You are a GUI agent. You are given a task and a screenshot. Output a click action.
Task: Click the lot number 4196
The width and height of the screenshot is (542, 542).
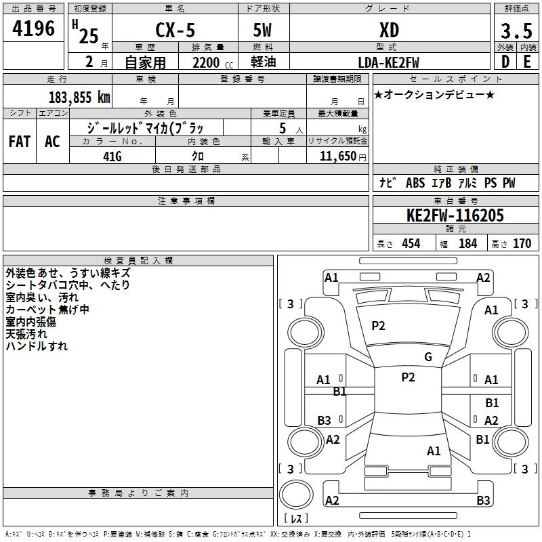[x=33, y=29]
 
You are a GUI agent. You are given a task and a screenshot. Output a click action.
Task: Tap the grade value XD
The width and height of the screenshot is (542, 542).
[x=389, y=30]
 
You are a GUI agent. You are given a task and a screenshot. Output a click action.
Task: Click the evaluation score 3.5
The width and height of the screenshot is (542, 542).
[x=515, y=30]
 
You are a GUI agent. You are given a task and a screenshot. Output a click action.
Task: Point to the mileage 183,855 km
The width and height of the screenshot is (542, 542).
[x=79, y=97]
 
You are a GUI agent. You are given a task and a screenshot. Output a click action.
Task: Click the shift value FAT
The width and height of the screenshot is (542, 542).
[x=20, y=142]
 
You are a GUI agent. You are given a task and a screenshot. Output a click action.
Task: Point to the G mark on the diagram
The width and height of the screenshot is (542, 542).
[x=428, y=357]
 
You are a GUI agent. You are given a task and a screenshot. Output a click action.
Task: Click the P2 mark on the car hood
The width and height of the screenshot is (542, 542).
[x=378, y=326]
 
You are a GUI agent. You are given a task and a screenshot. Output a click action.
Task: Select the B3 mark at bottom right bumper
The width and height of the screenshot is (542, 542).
[x=483, y=501]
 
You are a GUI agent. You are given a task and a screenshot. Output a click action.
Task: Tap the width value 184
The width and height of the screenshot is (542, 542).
[x=468, y=244]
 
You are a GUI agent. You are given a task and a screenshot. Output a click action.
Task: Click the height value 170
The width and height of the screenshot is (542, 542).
[x=522, y=244]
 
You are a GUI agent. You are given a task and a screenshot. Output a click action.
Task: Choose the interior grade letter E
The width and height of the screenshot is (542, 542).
[x=526, y=62]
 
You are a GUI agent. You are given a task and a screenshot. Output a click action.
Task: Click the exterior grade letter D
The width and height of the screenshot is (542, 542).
[x=505, y=62]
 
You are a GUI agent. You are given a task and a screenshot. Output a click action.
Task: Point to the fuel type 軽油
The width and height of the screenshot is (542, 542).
[x=264, y=62]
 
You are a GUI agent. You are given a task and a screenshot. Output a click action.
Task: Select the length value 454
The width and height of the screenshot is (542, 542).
[x=411, y=244]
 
